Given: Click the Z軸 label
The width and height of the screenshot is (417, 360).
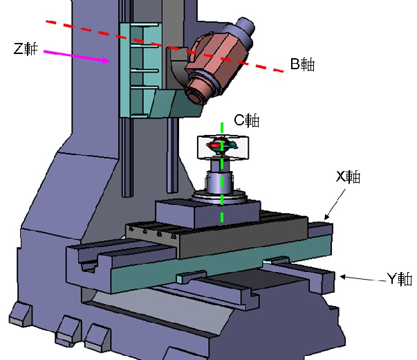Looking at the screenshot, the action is (26, 48).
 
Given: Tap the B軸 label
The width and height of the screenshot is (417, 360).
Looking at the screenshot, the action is (302, 64).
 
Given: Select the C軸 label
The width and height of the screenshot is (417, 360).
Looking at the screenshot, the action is (246, 120).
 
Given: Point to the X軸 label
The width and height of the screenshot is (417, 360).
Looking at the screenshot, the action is (349, 177).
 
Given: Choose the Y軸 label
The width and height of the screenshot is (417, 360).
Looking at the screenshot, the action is (400, 279).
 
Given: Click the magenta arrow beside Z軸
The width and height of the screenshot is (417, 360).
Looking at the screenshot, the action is (77, 57).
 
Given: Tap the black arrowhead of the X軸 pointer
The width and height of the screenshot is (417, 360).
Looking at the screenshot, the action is (327, 217).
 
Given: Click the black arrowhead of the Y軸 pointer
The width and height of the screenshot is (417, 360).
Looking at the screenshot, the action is (343, 277).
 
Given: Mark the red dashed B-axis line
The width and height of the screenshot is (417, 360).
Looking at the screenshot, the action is (165, 46).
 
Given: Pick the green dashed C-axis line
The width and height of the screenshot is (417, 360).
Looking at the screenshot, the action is (222, 172).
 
